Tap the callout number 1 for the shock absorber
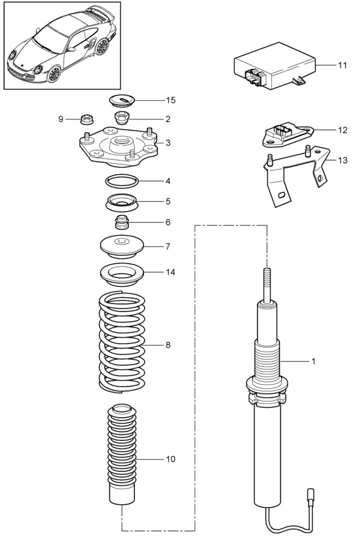[x=313, y=362]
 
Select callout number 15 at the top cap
[x=172, y=99]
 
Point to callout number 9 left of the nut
[x=61, y=119]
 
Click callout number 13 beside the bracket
[x=343, y=160]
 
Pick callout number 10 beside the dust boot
[x=171, y=459]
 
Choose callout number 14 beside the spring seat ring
[x=171, y=272]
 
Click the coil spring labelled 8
[x=121, y=342]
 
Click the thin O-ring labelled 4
[x=122, y=180]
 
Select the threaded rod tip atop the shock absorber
[x=266, y=281]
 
